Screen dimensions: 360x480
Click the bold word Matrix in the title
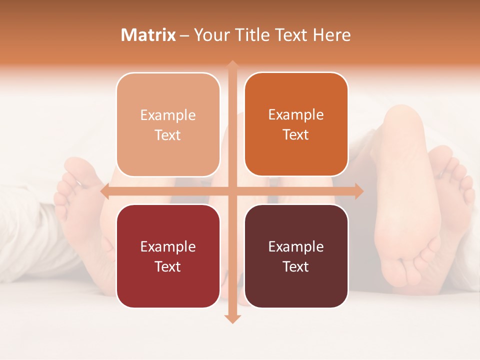point(148,35)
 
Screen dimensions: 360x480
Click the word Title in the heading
point(251,35)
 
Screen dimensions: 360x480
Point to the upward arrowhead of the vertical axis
point(232,64)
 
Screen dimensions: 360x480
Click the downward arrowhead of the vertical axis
point(232,318)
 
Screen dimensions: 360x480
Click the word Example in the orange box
point(296,115)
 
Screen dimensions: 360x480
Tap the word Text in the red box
point(168,266)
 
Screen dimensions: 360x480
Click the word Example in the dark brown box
point(296,246)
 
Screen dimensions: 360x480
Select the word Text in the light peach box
point(168,135)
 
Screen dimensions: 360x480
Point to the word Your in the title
point(210,35)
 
